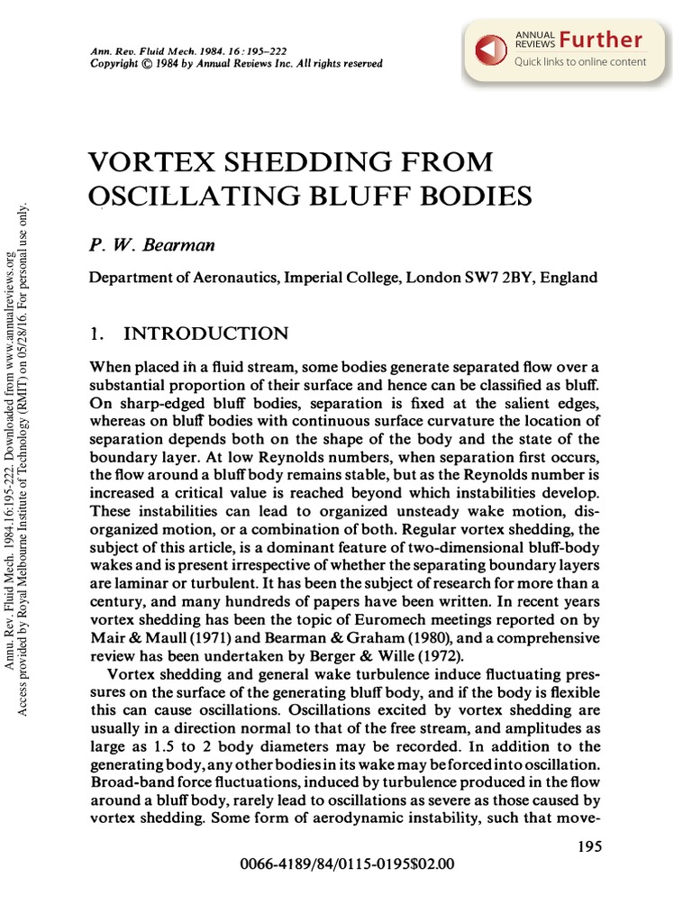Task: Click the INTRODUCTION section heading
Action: click(x=205, y=334)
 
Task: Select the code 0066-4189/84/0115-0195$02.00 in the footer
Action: click(x=348, y=864)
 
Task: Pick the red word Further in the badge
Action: click(x=600, y=40)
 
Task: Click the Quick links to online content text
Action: click(x=580, y=62)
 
